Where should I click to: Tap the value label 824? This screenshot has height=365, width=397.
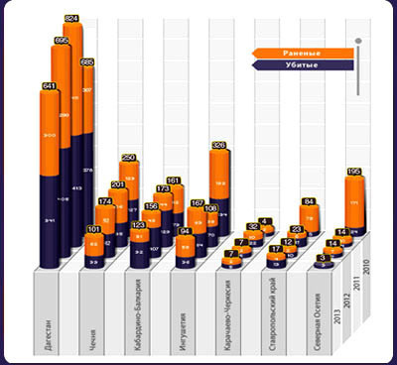(71, 19)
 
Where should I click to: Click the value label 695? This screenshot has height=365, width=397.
(61, 41)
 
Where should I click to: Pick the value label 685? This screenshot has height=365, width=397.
(86, 62)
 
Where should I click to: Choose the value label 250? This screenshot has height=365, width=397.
(129, 158)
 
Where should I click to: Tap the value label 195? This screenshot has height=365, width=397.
(354, 171)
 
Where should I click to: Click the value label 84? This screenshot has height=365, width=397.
(308, 202)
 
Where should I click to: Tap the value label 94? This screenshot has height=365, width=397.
(185, 232)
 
